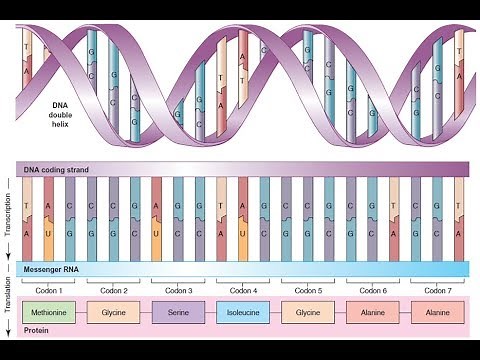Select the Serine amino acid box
pos(179,312)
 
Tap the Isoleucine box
pos(243,312)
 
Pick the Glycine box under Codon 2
pos(113,312)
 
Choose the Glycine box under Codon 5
pos(308,312)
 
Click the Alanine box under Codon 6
pos(373,312)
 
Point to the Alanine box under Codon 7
pos(438,312)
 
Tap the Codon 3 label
pos(179,290)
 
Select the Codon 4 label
pos(243,290)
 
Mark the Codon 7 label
pos(438,290)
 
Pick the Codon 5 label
pos(308,290)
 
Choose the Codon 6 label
pos(373,290)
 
